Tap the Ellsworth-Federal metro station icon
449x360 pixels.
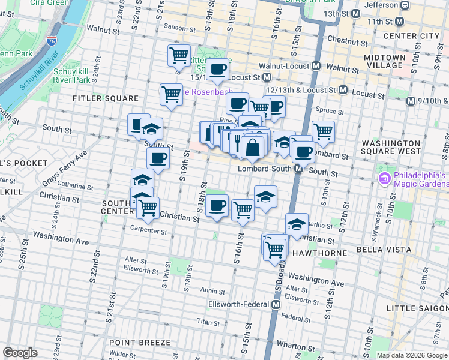pyautogui.click(x=276, y=305)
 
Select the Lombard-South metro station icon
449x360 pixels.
pyautogui.click(x=298, y=170)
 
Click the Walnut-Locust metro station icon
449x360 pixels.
pyautogui.click(x=316, y=66)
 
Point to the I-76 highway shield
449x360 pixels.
pyautogui.click(x=52, y=41)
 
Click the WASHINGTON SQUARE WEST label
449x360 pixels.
pyautogui.click(x=400, y=148)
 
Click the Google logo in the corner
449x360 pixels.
pyautogui.click(x=20, y=353)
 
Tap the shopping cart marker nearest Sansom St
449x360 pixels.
pyautogui.click(x=179, y=56)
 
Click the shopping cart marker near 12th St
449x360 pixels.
pyautogui.click(x=323, y=131)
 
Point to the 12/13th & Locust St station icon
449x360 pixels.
pyautogui.click(x=343, y=89)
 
